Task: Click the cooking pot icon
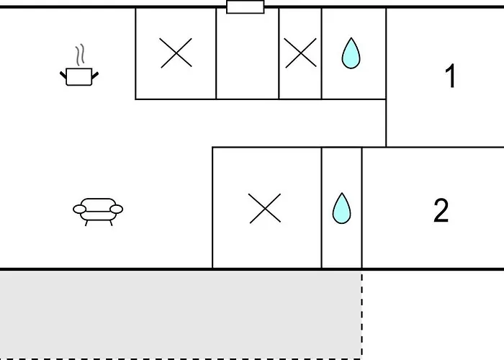click(x=78, y=76)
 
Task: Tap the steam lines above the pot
click(x=81, y=55)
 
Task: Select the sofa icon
click(x=98, y=210)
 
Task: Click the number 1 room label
click(x=451, y=76)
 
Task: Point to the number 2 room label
click(x=441, y=210)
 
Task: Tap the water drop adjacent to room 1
click(x=351, y=54)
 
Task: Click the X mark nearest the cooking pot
click(x=176, y=53)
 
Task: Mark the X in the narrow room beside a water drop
click(x=300, y=53)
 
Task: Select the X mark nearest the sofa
click(x=265, y=208)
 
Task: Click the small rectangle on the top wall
click(x=246, y=7)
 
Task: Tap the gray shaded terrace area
click(x=180, y=313)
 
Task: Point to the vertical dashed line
click(x=361, y=313)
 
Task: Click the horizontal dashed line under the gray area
click(x=180, y=358)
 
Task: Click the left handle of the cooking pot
click(x=63, y=73)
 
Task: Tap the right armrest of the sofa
click(x=116, y=210)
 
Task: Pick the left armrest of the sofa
click(x=79, y=210)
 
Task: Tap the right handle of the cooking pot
click(x=94, y=73)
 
